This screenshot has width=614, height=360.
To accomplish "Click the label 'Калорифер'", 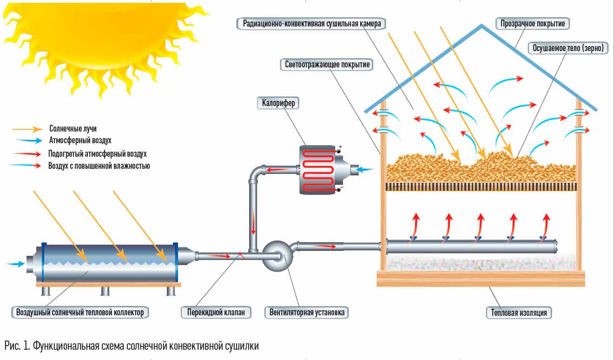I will tap(277, 103).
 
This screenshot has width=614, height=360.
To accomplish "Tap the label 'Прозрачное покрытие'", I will tap(532, 23).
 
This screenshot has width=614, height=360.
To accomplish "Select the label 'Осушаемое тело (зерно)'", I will tap(568, 48).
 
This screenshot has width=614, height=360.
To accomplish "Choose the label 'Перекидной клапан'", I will tap(216, 313).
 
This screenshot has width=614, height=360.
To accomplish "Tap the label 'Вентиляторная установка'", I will tap(307, 313).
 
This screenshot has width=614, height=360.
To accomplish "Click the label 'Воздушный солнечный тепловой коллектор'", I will tap(80, 313).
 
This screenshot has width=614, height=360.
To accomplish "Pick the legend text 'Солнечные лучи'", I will tap(73, 128).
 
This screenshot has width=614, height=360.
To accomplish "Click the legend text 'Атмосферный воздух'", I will tap(80, 140).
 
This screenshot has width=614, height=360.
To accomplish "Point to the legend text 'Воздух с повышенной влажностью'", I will tap(99, 166).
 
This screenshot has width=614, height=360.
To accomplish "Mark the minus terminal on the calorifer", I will tap(340, 188).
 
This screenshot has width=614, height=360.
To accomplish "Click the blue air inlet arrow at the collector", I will tap(16, 264).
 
